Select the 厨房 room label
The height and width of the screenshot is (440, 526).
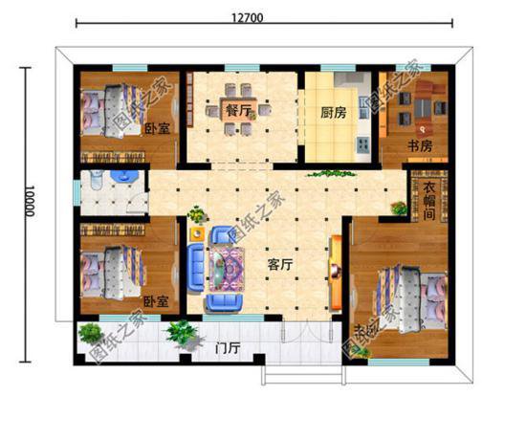[x=333, y=112]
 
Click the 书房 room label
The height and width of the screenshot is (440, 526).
[x=421, y=145]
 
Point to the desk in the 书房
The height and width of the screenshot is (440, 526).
[x=420, y=105]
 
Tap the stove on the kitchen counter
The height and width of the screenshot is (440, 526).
[x=362, y=144]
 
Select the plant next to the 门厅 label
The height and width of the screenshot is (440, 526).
[x=179, y=335]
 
